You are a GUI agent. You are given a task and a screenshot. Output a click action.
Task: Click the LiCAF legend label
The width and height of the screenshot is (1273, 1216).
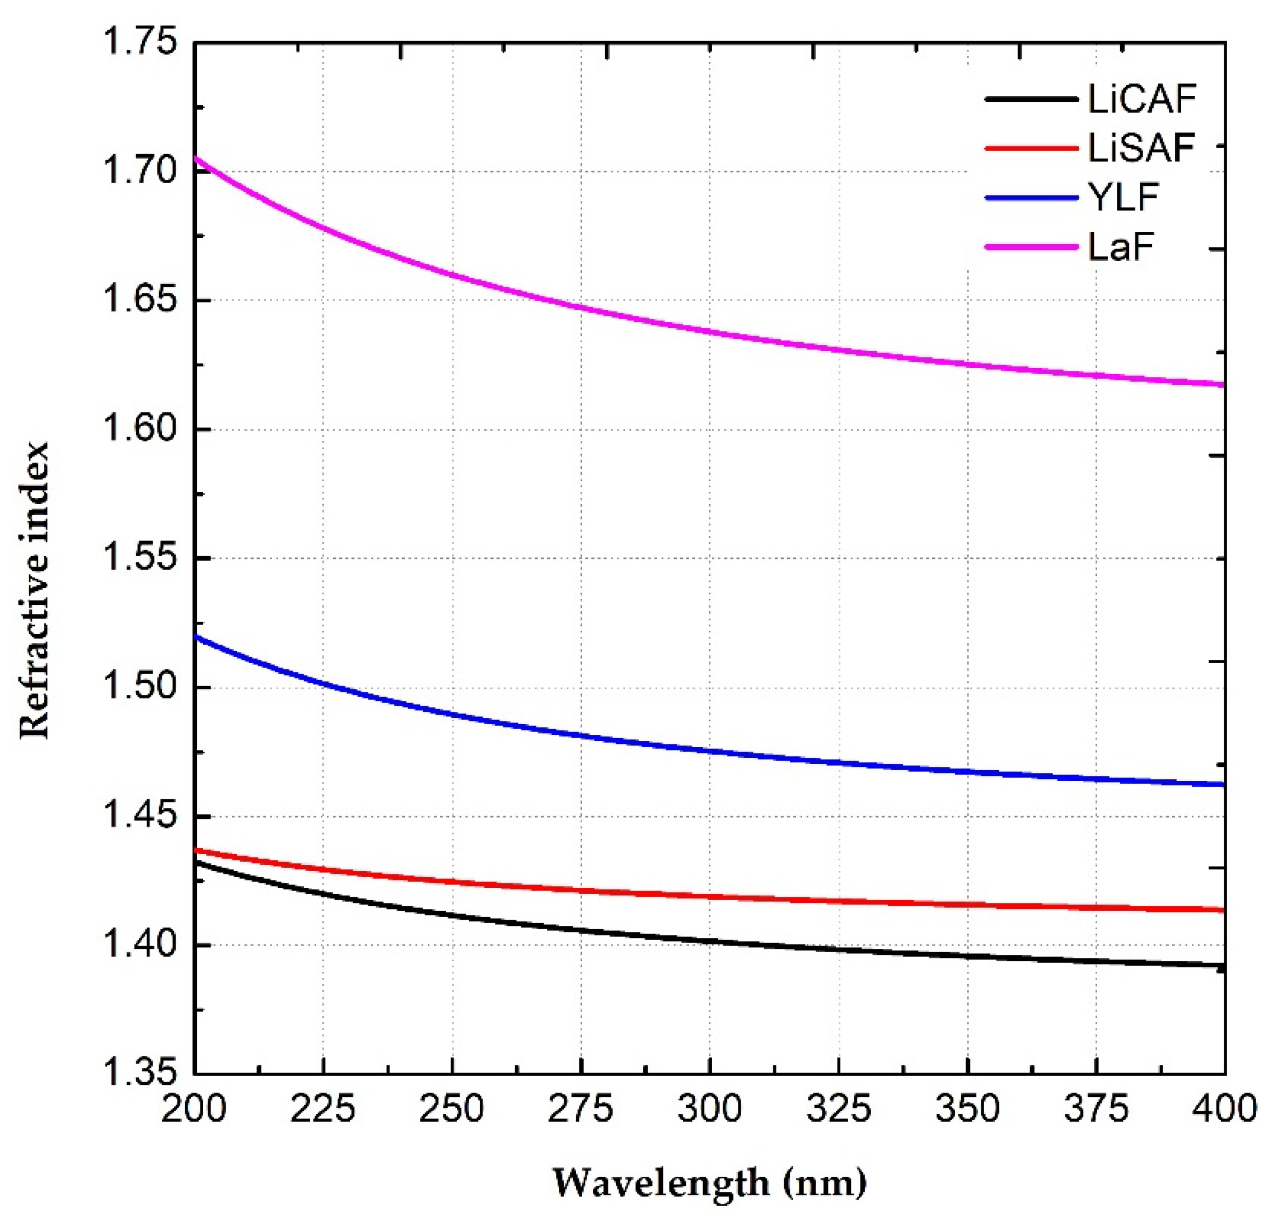coord(1141,99)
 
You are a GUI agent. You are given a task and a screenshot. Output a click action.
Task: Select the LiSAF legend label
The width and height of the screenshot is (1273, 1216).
coord(1141,148)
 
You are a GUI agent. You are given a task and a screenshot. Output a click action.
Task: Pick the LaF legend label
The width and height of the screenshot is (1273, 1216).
coord(1121,247)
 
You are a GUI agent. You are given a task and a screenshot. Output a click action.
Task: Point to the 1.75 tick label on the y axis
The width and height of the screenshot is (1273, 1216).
coord(139,43)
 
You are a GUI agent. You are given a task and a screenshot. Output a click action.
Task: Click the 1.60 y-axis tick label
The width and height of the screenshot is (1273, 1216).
coord(139,430)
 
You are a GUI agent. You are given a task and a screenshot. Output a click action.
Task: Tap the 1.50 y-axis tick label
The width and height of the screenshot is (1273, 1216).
coord(139,687)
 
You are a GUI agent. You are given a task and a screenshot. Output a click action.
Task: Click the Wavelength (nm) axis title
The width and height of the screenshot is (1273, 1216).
coord(709,1183)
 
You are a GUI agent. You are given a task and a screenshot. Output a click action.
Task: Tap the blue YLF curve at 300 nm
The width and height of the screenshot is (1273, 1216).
coord(710,751)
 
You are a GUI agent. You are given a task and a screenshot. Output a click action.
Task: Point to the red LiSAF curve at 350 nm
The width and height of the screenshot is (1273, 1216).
coord(967,904)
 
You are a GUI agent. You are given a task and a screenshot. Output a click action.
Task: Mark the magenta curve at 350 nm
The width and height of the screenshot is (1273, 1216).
coord(967,364)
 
